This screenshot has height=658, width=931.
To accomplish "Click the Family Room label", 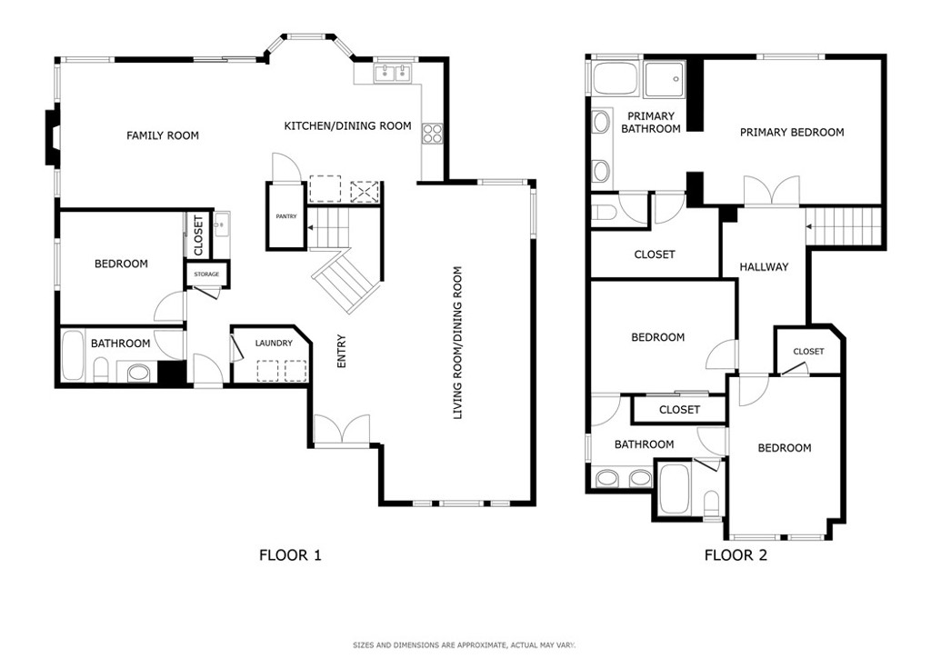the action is point(162,135).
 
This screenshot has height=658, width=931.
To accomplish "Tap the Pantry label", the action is point(286,216).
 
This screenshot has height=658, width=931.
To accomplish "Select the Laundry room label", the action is point(274,343).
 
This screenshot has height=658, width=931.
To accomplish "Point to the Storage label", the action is point(206,274).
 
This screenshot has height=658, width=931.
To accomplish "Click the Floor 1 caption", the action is point(290,555).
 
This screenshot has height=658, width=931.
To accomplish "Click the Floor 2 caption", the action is point(736,555).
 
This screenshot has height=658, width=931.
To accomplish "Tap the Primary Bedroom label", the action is point(792,133).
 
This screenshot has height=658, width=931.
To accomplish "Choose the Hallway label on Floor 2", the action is point(764,267).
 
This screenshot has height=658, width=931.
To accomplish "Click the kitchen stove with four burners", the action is point(432,134).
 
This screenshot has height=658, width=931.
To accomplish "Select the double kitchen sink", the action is point(393,73).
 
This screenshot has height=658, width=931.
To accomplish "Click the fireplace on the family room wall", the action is point(52,135).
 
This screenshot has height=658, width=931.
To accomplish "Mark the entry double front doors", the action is point(342,429).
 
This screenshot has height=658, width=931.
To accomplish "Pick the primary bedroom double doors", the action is point(772,191).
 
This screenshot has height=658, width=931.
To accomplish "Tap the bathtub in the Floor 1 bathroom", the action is point(73,355).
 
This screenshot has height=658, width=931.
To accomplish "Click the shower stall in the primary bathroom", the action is point(665,78).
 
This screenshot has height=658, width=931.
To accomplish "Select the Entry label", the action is point(342,351).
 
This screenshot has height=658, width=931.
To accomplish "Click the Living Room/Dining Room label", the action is point(457,343).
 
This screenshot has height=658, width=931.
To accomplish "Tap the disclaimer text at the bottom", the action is point(465,645).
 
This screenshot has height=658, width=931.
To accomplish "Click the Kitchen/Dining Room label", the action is point(348,125).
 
